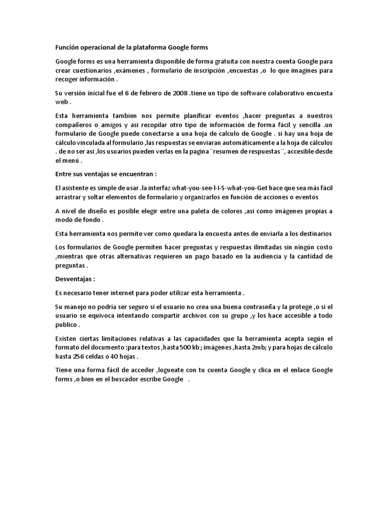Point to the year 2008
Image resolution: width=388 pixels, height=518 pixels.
click(178, 94)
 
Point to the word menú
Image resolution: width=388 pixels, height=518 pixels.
click(71, 161)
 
